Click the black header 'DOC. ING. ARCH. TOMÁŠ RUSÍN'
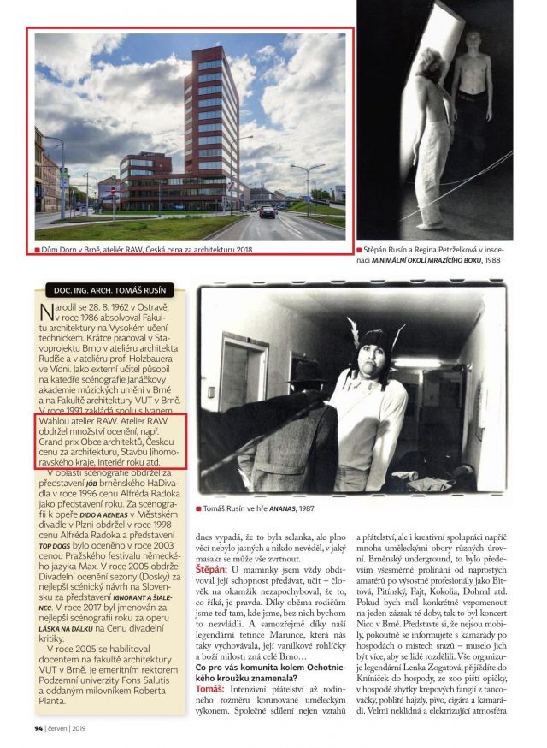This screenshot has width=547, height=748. [x=110, y=290]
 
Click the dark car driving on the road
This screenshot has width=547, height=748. [x=267, y=211]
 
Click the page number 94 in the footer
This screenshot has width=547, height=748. [x=38, y=729]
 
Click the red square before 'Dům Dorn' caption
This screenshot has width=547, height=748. [x=38, y=251]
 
